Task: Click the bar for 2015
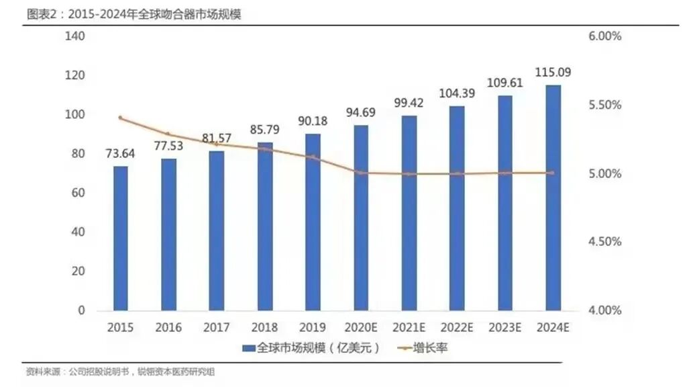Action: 121,239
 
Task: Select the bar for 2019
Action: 313,222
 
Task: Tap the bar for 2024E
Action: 553,198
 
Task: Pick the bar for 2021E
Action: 409,213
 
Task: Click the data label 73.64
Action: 121,153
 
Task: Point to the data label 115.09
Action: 553,72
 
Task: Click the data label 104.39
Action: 457,93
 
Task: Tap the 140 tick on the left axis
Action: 75,36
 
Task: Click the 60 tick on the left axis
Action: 78,193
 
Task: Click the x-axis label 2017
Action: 217,328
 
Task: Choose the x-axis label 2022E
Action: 457,328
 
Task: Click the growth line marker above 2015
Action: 121,118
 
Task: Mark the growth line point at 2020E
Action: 361,173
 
